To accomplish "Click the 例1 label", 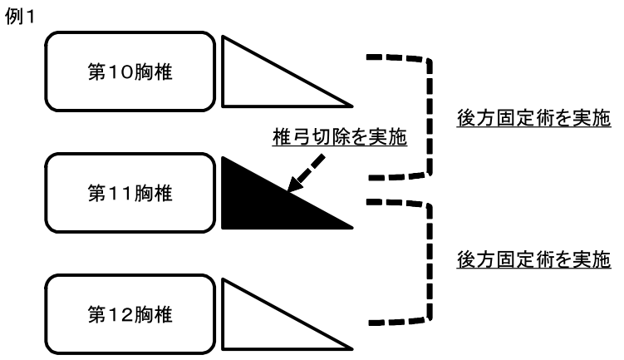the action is (19, 17).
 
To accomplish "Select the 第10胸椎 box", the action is (130, 72).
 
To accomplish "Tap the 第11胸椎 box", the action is (130, 193).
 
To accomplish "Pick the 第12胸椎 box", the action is (130, 314).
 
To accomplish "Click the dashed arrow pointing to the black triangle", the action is (306, 173).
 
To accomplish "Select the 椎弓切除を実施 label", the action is (340, 137).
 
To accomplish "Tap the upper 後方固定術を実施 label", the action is (533, 118).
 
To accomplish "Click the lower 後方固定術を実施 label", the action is (533, 259).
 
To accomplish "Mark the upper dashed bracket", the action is (430, 117).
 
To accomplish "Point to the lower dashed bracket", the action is (430, 263).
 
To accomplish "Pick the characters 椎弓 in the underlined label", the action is (292, 137).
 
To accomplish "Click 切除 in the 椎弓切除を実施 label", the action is (330, 137).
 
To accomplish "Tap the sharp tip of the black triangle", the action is (352, 228).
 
